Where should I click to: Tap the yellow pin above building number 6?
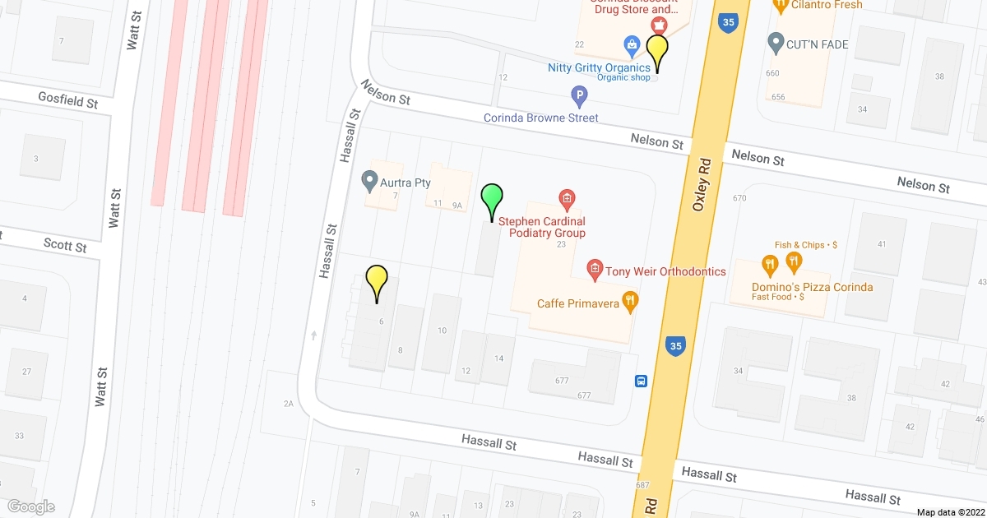pyautogui.click(x=377, y=281)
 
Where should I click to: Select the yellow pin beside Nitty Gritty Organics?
pyautogui.click(x=656, y=51)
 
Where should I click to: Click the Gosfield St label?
pyautogui.click(x=68, y=100)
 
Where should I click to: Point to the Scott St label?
pyautogui.click(x=65, y=245)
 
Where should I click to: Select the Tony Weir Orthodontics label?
pyautogui.click(x=665, y=271)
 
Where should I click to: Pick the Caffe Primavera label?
pyautogui.click(x=577, y=303)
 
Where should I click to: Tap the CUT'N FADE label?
pyautogui.click(x=818, y=44)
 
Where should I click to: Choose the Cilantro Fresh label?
pyautogui.click(x=827, y=5)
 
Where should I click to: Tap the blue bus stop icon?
pyautogui.click(x=641, y=381)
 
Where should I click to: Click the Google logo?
pyautogui.click(x=30, y=506)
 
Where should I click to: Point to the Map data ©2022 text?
pyautogui.click(x=950, y=511)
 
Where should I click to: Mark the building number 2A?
pyautogui.click(x=288, y=404)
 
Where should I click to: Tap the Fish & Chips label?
pyautogui.click(x=805, y=245)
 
